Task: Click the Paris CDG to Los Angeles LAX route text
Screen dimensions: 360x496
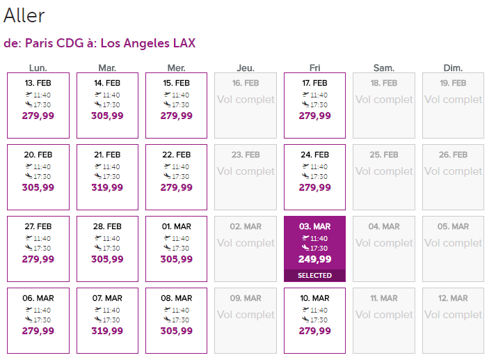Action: pyautogui.click(x=99, y=43)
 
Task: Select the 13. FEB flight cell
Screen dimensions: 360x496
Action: pyautogui.click(x=38, y=105)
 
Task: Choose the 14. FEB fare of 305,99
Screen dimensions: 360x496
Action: pyautogui.click(x=107, y=116)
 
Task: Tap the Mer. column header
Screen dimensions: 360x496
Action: pyautogui.click(x=176, y=68)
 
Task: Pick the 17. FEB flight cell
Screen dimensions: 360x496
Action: pyautogui.click(x=314, y=105)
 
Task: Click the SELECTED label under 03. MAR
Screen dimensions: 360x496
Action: pyautogui.click(x=314, y=276)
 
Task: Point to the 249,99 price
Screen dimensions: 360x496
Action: pyautogui.click(x=314, y=259)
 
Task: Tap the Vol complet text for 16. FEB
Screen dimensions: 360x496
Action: pyautogui.click(x=246, y=100)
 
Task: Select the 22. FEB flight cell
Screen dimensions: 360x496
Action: pyautogui.click(x=176, y=177)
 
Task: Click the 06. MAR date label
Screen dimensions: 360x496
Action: pyautogui.click(x=38, y=298)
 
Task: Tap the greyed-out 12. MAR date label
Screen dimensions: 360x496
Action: pyautogui.click(x=453, y=298)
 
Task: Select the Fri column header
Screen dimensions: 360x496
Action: pyautogui.click(x=314, y=68)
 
